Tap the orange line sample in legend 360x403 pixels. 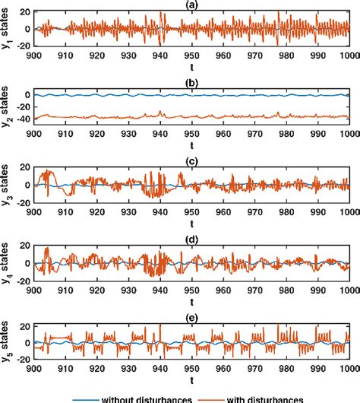(219, 397)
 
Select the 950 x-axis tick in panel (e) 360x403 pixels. (194, 370)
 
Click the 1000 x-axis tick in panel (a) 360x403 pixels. (349, 56)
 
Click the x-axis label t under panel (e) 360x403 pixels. (194, 380)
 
